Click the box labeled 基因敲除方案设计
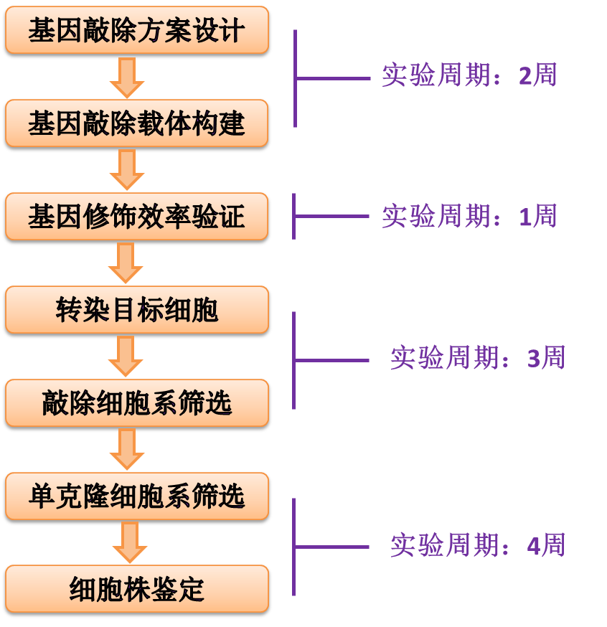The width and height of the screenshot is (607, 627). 136,31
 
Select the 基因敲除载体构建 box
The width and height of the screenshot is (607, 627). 136,124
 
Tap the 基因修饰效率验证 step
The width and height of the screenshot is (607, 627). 136,217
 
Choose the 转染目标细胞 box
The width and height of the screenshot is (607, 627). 136,310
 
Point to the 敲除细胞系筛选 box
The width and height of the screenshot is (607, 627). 136,403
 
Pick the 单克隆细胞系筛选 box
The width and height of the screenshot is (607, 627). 136,496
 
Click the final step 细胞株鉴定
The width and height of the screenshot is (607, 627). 136,590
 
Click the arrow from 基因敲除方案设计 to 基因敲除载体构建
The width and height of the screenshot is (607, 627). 127,77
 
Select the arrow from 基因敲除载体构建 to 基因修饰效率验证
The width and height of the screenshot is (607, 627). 127,170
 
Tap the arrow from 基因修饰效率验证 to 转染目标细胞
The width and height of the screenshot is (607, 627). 126,263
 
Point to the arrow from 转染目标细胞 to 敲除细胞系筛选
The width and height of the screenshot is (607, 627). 126,357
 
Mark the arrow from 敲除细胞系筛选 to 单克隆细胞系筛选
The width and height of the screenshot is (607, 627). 127,450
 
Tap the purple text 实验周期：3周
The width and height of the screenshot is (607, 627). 478,357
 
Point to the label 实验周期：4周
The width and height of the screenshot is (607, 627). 478,546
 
